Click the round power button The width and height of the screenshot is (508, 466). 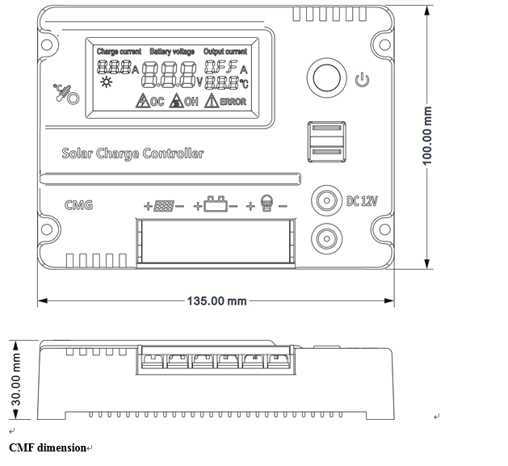326,78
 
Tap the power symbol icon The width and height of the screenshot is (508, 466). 362,80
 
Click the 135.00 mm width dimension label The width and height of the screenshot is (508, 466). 216,301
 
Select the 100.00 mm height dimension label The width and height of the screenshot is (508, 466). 427,136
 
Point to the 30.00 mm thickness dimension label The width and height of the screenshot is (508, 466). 16,379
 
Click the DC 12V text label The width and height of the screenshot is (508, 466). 362,201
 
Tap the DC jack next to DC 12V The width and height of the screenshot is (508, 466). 326,200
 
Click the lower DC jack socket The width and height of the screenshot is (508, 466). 326,239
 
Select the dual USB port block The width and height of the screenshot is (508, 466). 326,141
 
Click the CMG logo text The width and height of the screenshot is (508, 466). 78,205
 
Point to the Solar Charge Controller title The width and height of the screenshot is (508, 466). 132,153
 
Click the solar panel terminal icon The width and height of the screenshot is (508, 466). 164,206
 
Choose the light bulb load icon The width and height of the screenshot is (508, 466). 267,204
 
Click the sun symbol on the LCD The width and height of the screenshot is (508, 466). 107,82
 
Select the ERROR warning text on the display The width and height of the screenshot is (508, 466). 233,102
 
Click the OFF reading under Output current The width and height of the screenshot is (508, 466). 221,66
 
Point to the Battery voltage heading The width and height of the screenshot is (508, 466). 172,52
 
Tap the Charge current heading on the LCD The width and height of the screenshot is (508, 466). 119,52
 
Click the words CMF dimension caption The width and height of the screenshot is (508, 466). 48,448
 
